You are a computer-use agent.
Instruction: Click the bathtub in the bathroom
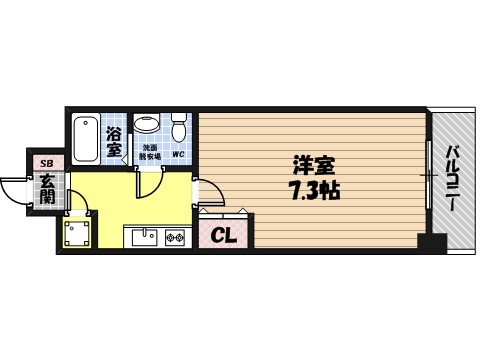point(87,138)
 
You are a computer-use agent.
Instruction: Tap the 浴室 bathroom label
point(114,141)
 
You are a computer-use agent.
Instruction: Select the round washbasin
point(147,125)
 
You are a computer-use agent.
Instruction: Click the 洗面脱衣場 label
point(148,153)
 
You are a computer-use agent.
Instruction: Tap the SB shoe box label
point(44,162)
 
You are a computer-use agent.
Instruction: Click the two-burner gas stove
point(177,237)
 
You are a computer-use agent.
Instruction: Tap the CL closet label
point(226,236)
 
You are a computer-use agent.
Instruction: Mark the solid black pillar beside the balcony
point(430,242)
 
